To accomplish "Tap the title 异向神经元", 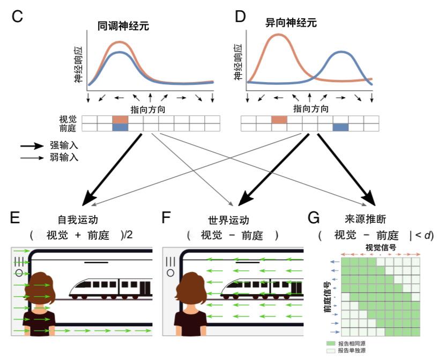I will click(290, 23).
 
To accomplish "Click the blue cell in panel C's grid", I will click(121, 127).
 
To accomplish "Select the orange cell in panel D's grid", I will click(279, 120).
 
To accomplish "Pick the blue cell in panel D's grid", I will click(340, 127).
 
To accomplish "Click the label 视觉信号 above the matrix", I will click(381, 248).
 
